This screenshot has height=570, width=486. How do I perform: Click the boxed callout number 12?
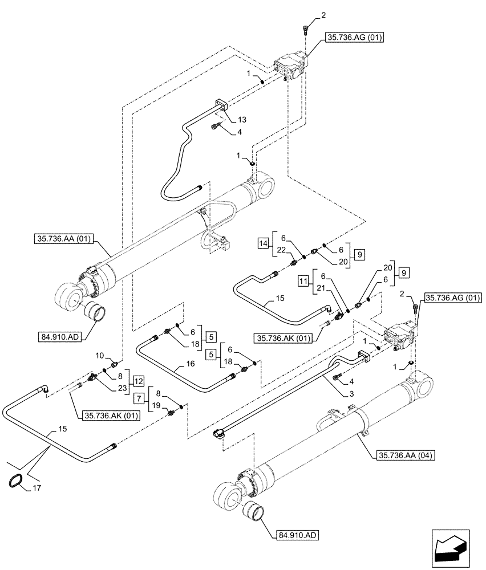(x=139, y=380)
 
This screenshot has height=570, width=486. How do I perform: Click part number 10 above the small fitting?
(x=99, y=356)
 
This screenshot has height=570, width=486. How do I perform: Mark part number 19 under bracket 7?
(x=155, y=406)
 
